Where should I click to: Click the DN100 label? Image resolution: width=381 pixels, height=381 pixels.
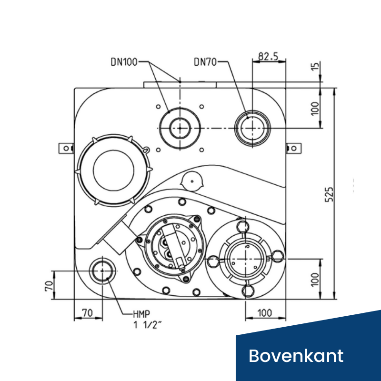[x=125, y=62]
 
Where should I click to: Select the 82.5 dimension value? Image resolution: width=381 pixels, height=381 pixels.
[x=268, y=56]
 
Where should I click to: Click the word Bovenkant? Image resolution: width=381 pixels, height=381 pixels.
[x=296, y=355]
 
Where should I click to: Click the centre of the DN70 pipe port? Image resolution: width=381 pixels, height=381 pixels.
[x=252, y=127]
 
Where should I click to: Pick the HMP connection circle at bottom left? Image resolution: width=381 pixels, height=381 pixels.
[x=102, y=271]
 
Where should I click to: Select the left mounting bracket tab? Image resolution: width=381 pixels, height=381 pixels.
[x=66, y=149]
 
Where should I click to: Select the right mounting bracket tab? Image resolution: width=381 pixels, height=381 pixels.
[x=293, y=149]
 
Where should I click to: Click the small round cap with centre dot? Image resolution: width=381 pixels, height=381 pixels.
[x=192, y=181]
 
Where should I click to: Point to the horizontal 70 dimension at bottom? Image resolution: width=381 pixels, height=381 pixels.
[x=87, y=313]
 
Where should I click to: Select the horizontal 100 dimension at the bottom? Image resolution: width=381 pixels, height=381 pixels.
[x=265, y=313]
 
